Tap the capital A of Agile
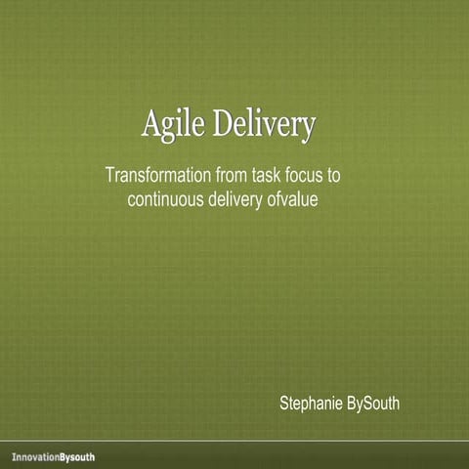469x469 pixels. (x=152, y=126)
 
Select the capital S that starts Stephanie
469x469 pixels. (x=284, y=404)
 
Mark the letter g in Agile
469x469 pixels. (x=171, y=130)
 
